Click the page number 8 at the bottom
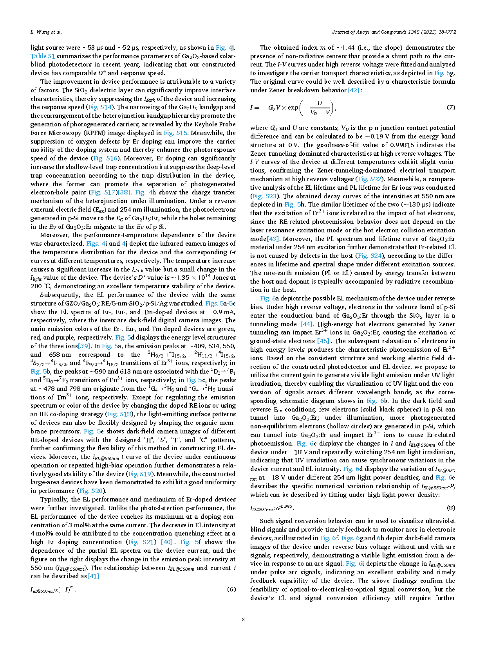pyautogui.click(x=243, y=619)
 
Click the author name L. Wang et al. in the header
pyautogui.click(x=46, y=32)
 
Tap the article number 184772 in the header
pyautogui.click(x=446, y=32)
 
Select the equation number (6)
pyautogui.click(x=231, y=589)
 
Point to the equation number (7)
pyautogui.click(x=451, y=107)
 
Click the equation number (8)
pyautogui.click(x=451, y=508)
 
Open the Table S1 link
pyautogui.click(x=43, y=56)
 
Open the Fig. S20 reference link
pyautogui.click(x=91, y=491)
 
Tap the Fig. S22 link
pyautogui.click(x=370, y=179)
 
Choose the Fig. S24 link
pyautogui.click(x=370, y=256)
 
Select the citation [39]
pyautogui.click(x=84, y=346)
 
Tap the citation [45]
pyautogui.click(x=323, y=341)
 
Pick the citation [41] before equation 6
pyautogui.click(x=93, y=576)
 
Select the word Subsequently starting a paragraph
pyautogui.click(x=59, y=295)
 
